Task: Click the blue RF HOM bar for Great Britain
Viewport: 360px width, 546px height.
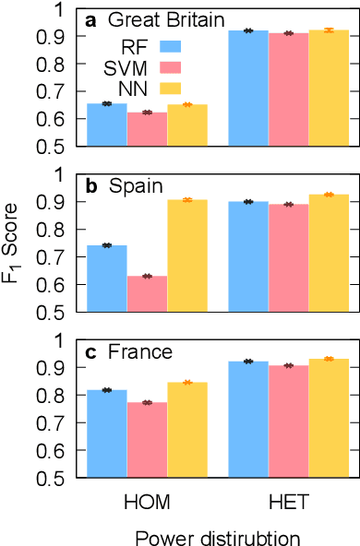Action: [x=106, y=125]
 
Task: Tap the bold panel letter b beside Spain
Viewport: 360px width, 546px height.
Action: [x=92, y=186]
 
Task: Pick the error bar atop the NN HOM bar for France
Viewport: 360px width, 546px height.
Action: [x=187, y=382]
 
